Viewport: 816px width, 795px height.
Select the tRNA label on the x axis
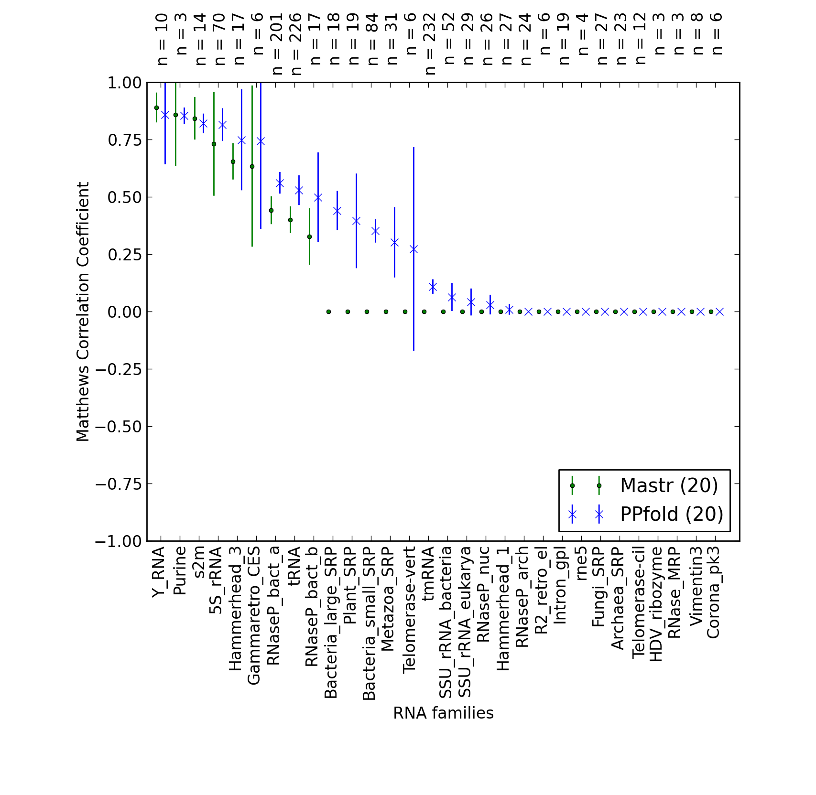pyautogui.click(x=294, y=567)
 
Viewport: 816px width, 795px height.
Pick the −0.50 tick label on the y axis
pyautogui.click(x=119, y=427)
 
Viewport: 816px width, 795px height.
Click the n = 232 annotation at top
pyautogui.click(x=430, y=44)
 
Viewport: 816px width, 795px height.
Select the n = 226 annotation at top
pyautogui.click(x=296, y=44)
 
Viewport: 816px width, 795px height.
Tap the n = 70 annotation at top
pyautogui.click(x=219, y=39)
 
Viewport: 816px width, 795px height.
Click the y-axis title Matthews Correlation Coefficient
pyautogui.click(x=83, y=312)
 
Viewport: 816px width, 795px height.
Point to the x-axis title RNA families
pyautogui.click(x=443, y=713)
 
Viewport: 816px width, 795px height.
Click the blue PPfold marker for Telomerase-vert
pyautogui.click(x=413, y=249)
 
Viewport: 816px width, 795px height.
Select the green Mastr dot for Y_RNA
pyautogui.click(x=156, y=107)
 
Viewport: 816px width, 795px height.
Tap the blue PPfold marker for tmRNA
pyautogui.click(x=433, y=287)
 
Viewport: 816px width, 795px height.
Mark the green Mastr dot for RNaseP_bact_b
pyautogui.click(x=309, y=236)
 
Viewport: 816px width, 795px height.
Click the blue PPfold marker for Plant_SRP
pyautogui.click(x=356, y=221)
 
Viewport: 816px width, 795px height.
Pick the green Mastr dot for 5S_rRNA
pyautogui.click(x=214, y=144)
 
